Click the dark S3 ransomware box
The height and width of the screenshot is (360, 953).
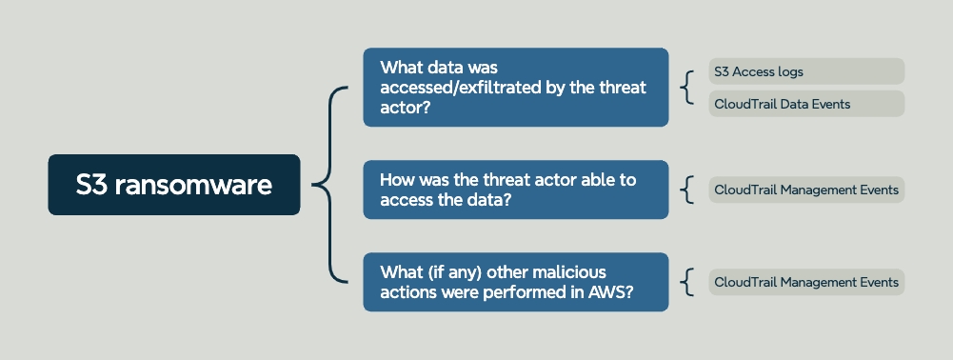click(174, 184)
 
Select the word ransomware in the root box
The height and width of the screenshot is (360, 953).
click(193, 185)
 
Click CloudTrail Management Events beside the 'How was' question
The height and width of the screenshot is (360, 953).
click(806, 190)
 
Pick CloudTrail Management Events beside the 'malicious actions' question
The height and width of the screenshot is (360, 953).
click(806, 282)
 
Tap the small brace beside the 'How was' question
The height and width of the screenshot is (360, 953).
click(685, 190)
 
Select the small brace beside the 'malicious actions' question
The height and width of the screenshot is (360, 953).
click(685, 282)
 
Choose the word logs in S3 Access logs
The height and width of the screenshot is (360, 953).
click(789, 71)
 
